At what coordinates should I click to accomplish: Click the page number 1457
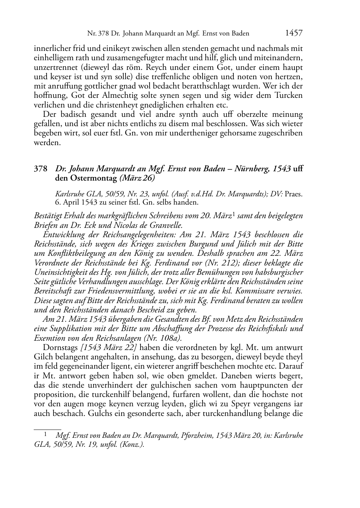(294, 34)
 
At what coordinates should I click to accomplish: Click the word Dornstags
(60, 348)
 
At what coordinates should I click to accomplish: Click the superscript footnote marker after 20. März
(234, 215)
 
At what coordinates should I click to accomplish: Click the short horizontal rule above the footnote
(47, 429)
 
